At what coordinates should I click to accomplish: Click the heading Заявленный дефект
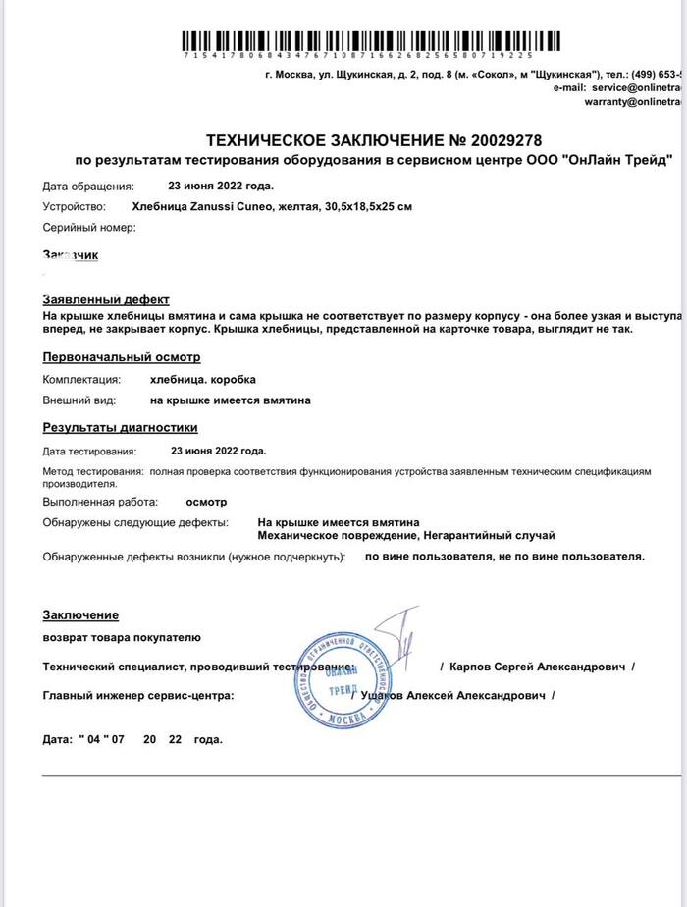[105, 299]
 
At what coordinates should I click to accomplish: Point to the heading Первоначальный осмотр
[121, 357]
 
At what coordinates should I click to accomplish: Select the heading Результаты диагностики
[120, 427]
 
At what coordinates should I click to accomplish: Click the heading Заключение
[80, 614]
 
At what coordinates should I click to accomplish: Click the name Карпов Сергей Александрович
[538, 667]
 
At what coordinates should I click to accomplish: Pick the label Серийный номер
[88, 227]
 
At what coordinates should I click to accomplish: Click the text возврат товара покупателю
[121, 637]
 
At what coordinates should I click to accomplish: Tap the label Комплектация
[81, 378]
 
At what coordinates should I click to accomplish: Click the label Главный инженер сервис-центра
[137, 695]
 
